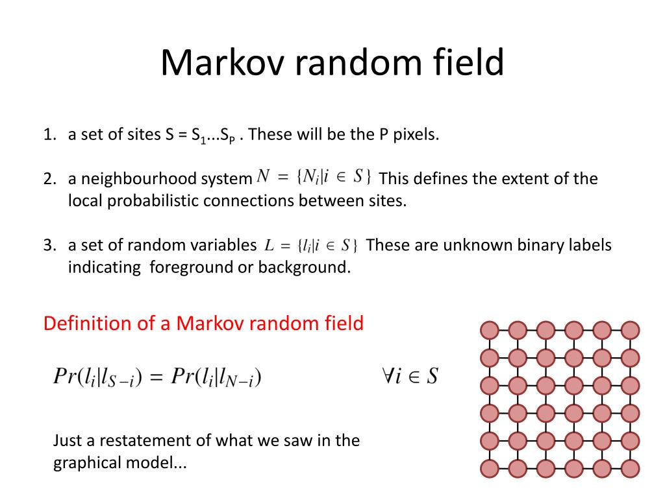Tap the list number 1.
[49, 135]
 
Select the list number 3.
[49, 245]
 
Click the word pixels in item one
[417, 135]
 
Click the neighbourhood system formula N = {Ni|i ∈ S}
[314, 176]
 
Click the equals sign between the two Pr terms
[156, 377]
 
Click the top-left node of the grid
[490, 330]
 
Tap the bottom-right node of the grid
[630, 469]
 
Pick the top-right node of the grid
[630, 330]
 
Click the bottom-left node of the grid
[490, 469]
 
